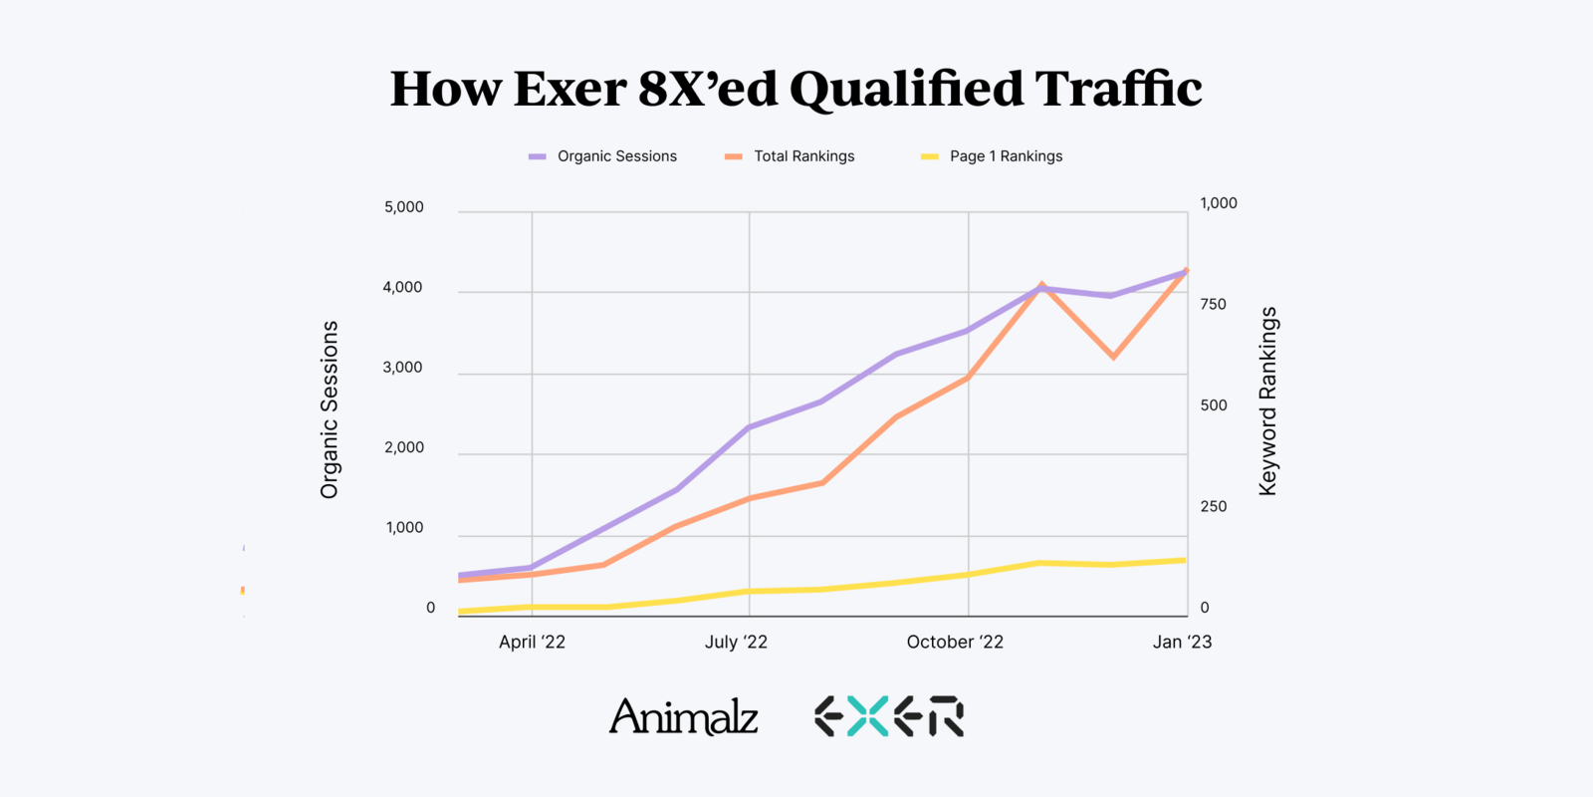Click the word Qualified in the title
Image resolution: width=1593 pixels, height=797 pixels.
(x=906, y=90)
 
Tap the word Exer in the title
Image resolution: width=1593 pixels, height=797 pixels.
(x=569, y=90)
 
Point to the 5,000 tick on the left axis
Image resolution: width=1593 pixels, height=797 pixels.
(x=404, y=207)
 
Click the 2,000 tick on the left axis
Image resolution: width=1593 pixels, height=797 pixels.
(x=404, y=447)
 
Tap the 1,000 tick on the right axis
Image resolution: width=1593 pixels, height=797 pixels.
(x=1219, y=203)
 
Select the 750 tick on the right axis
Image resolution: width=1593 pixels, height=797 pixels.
(x=1214, y=304)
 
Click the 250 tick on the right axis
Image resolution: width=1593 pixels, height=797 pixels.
(x=1214, y=506)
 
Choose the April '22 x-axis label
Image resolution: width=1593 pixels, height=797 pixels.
(x=532, y=643)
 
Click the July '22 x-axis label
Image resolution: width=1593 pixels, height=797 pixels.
(x=736, y=643)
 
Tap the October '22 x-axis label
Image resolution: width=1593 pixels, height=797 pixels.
(x=955, y=643)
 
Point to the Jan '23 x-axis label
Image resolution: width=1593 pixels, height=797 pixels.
(x=1182, y=643)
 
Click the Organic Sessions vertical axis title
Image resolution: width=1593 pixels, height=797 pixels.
(x=330, y=409)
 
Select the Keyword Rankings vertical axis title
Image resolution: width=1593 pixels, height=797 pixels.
(x=1267, y=400)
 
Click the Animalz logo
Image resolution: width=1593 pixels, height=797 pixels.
(x=684, y=716)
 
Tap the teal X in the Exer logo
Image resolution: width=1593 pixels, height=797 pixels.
(x=867, y=716)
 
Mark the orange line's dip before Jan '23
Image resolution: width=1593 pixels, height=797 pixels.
(x=1114, y=357)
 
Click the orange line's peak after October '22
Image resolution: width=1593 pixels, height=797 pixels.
(x=1041, y=285)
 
